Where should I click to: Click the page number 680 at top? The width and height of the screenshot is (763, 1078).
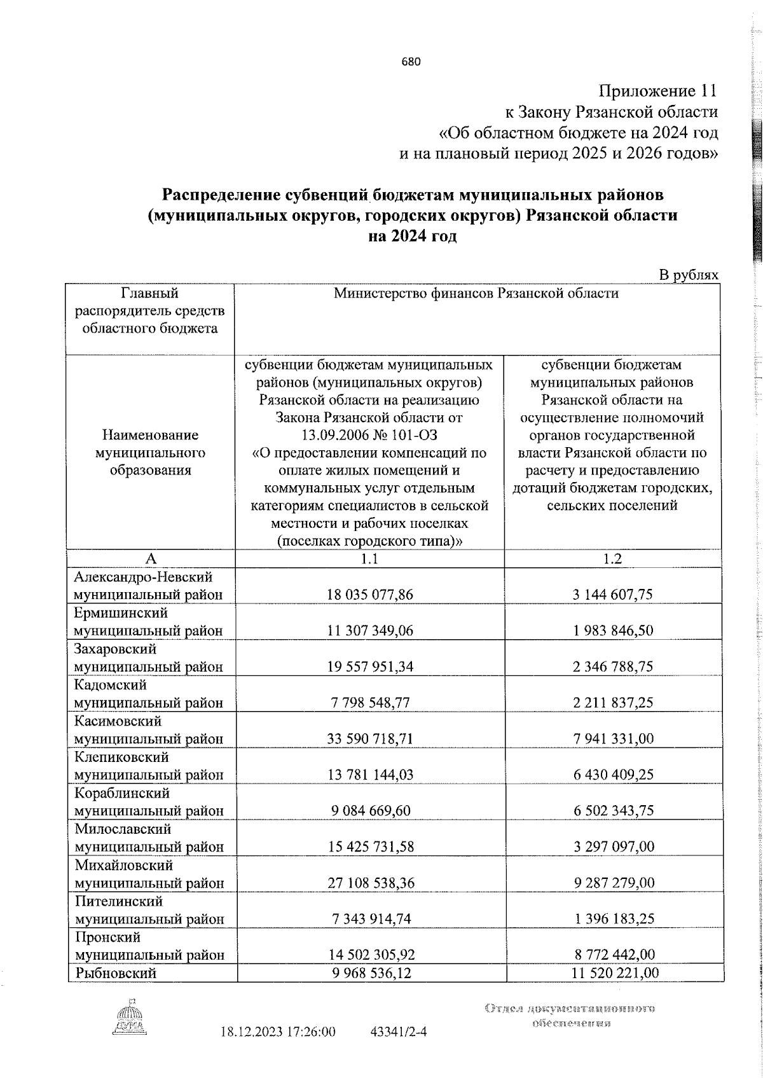pyautogui.click(x=411, y=62)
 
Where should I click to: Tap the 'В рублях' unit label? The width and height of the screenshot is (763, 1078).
pyautogui.click(x=688, y=275)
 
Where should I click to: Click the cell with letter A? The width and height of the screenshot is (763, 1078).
pyautogui.click(x=151, y=558)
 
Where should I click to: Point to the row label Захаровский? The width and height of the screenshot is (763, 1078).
pyautogui.click(x=115, y=649)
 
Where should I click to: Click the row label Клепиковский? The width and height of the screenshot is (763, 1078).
pyautogui.click(x=121, y=757)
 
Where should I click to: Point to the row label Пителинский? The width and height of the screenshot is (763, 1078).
pyautogui.click(x=118, y=901)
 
